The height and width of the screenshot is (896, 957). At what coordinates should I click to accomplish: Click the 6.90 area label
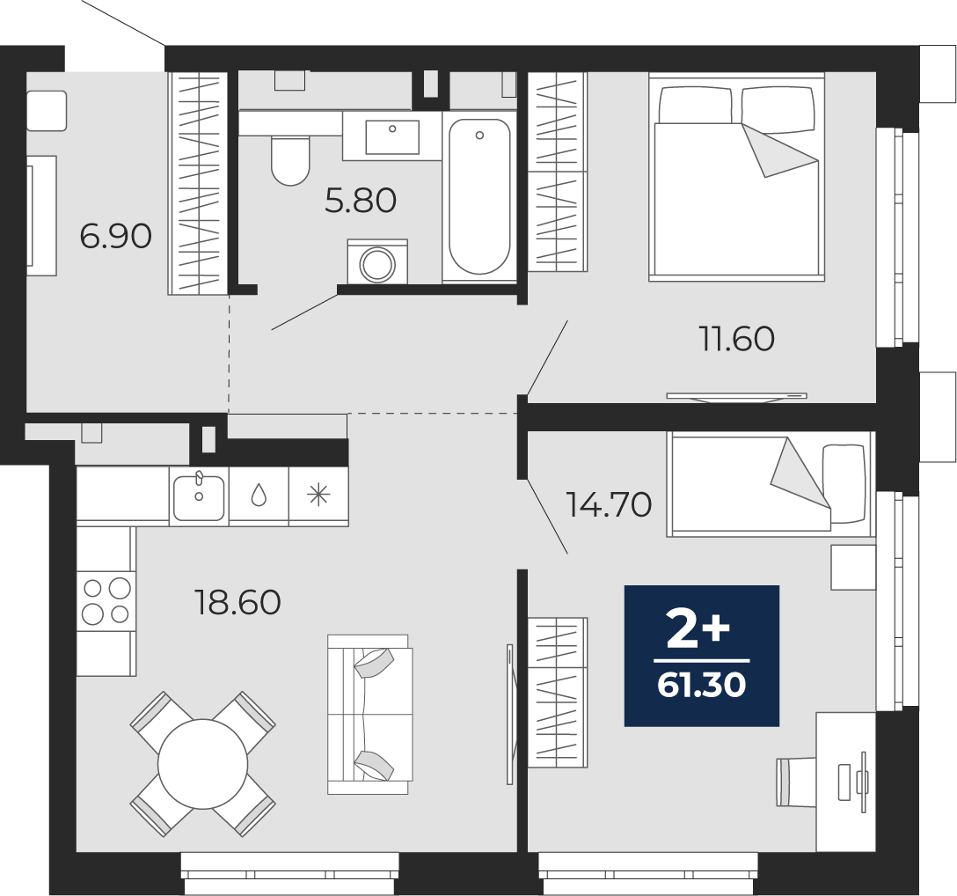116,237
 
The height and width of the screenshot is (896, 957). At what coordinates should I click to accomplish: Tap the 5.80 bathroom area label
361,201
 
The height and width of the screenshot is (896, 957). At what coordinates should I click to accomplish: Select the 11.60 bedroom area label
737,339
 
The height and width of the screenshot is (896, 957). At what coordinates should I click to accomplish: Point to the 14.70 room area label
609,504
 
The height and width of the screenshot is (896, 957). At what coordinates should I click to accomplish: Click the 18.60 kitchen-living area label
237,602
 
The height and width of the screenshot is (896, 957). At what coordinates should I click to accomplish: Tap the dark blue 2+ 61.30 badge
702,656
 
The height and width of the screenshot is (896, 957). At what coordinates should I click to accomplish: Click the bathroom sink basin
392,136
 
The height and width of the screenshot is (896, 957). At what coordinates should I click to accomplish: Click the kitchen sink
199,496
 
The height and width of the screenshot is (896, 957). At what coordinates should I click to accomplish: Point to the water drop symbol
259,495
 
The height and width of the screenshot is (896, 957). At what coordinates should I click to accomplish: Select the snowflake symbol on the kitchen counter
318,495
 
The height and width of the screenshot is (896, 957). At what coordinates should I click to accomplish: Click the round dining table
202,764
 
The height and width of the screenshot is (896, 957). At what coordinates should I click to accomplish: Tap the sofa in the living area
369,715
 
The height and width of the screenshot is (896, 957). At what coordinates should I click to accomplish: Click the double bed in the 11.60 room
737,177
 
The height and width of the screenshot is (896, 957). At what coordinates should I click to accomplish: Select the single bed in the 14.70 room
771,484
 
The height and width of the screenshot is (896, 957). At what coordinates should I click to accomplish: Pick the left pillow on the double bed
696,104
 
